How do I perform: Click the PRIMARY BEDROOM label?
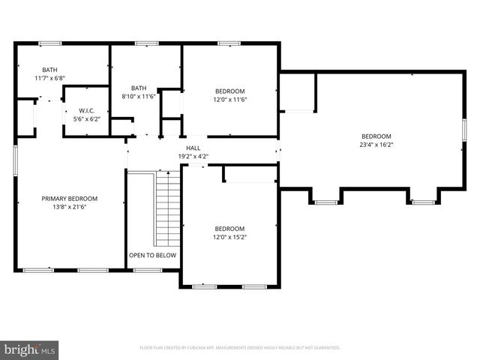click(x=69, y=199)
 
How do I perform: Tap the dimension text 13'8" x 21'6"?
click(x=69, y=208)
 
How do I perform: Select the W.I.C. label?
click(x=86, y=110)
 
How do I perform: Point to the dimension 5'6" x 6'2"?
click(x=86, y=118)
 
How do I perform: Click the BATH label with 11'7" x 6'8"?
click(x=49, y=70)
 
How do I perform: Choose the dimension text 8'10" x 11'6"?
click(x=139, y=96)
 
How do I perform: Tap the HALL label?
click(x=193, y=148)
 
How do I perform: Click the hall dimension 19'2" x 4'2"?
click(x=193, y=156)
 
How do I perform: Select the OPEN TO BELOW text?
click(x=152, y=255)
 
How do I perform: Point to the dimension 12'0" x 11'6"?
click(x=229, y=100)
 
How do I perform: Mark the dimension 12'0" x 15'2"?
click(x=229, y=237)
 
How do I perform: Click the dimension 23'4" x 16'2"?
click(x=376, y=145)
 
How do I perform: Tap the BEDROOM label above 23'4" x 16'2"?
click(x=376, y=136)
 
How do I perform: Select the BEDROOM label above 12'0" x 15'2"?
click(x=229, y=229)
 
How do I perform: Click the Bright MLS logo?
click(x=30, y=349)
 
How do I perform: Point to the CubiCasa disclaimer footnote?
click(x=240, y=348)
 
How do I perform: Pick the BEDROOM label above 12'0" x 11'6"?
click(x=229, y=91)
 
